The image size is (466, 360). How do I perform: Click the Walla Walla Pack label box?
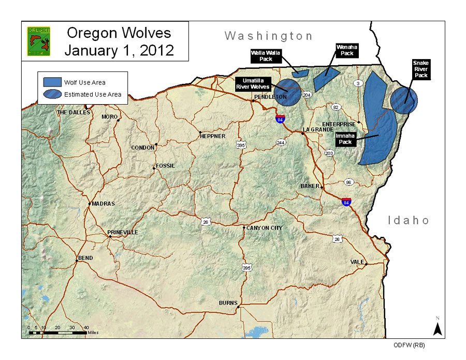(265, 55)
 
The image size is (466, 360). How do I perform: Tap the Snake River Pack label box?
(420, 69)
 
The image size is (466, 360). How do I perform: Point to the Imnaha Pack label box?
(345, 139)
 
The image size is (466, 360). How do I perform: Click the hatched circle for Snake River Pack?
(403, 101)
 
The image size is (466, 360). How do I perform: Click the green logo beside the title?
(38, 41)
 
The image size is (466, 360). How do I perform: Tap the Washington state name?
(268, 36)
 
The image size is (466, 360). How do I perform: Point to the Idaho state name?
(409, 221)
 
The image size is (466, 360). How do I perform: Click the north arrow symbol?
(437, 327)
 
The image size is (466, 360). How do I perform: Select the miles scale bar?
(57, 332)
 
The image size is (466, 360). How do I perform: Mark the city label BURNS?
(227, 303)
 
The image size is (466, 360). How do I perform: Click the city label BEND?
(85, 257)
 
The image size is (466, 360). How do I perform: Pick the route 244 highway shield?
(281, 142)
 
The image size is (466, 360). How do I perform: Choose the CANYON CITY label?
(264, 228)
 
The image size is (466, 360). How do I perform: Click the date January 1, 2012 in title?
(119, 50)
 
